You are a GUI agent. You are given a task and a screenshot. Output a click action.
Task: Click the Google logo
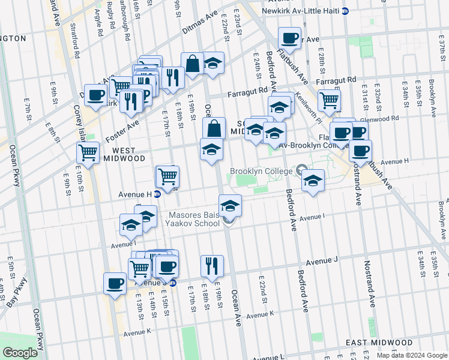point(19,353)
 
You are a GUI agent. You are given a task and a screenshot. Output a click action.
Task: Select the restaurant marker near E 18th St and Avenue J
point(212,265)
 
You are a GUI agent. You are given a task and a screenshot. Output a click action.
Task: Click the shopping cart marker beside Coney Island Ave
point(88,153)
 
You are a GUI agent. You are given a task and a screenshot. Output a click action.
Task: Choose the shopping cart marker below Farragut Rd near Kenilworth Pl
point(329,100)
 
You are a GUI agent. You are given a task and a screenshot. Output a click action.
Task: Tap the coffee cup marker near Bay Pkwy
point(115,283)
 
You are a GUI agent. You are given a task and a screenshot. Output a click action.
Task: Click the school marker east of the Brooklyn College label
point(312,181)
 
